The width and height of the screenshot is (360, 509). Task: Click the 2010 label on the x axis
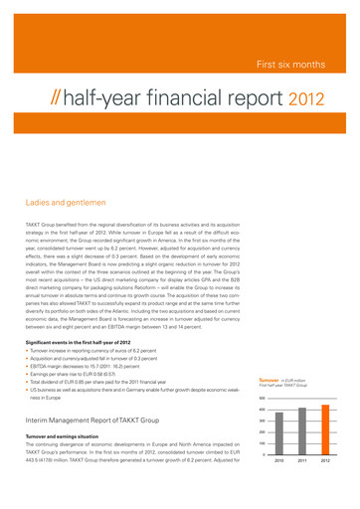pos(277,462)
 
